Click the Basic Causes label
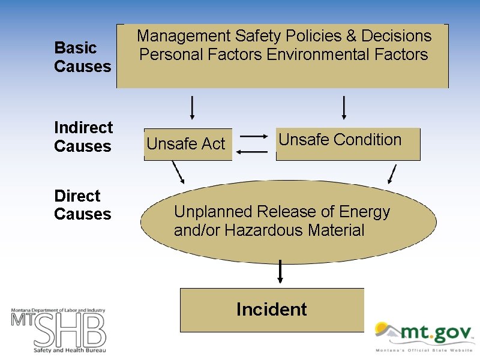83,56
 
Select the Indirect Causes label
83,137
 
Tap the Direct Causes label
83,205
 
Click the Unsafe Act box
187,144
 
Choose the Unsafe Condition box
347,143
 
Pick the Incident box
272,310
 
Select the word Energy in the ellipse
365,212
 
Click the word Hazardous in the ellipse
264,230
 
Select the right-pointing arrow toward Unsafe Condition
253,137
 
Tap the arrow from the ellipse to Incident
280,272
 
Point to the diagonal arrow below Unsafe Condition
392,173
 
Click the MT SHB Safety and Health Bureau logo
58,329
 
